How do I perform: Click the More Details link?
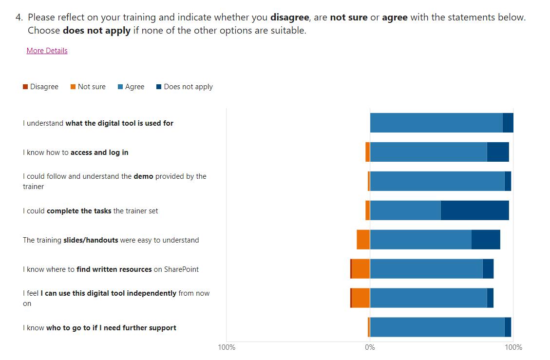[47, 51]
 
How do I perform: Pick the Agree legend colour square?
[120, 87]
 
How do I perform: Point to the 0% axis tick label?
[370, 347]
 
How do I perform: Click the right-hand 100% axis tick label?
[513, 347]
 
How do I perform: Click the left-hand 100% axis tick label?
[227, 347]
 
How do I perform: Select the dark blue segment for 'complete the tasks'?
[474, 210]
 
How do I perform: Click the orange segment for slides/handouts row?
[363, 240]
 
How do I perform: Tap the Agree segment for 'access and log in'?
[428, 152]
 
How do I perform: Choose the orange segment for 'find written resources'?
[360, 269]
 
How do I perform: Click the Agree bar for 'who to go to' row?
[437, 327]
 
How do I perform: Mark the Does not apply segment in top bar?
[508, 123]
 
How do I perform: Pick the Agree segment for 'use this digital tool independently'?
[428, 298]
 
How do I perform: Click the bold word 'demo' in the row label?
[143, 176]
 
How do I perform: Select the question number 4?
[19, 18]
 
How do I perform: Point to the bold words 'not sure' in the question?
[348, 18]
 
